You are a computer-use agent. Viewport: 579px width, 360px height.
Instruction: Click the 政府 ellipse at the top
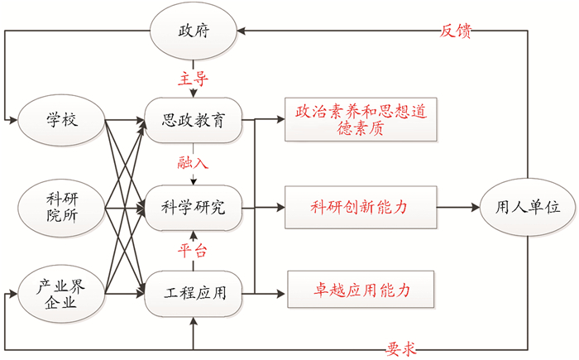[193, 32]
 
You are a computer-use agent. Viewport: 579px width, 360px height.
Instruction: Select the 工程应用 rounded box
[193, 291]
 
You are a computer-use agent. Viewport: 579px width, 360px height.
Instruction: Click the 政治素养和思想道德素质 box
[359, 120]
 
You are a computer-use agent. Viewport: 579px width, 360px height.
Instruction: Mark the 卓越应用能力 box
[359, 290]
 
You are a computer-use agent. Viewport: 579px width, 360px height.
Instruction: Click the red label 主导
[193, 79]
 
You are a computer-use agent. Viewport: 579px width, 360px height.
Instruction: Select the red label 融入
[193, 161]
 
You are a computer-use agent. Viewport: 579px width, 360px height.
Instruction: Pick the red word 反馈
[456, 31]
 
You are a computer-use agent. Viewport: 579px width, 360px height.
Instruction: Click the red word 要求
[400, 348]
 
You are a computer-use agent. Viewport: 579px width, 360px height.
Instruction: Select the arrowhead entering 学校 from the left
[11, 121]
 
